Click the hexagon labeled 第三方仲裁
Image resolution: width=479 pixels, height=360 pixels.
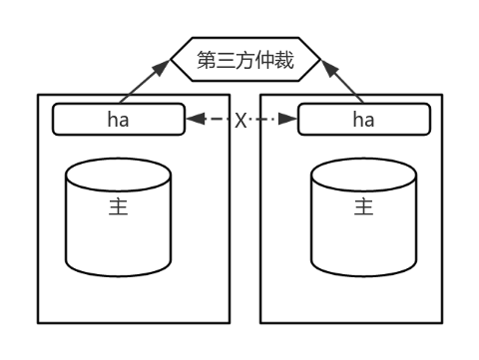pos(246,60)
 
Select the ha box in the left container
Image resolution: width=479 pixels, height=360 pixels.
pos(119,120)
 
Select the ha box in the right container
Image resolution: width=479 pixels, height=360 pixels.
pos(363,120)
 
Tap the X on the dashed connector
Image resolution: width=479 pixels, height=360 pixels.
pos(240,121)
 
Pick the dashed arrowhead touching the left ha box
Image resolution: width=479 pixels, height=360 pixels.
pos(194,120)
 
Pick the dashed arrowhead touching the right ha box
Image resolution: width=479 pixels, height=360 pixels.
pos(288,120)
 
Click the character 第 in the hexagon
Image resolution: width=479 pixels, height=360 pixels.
pos(207,60)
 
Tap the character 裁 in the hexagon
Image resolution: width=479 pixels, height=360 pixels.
pos(286,60)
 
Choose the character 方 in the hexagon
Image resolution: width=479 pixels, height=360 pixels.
pos(246,60)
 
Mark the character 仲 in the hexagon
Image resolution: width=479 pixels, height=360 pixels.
pos(266,60)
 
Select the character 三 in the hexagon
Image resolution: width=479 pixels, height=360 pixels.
pos(227,60)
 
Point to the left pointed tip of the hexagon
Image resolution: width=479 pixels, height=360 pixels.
pos(172,60)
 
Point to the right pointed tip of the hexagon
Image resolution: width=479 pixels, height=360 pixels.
pos(321,60)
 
